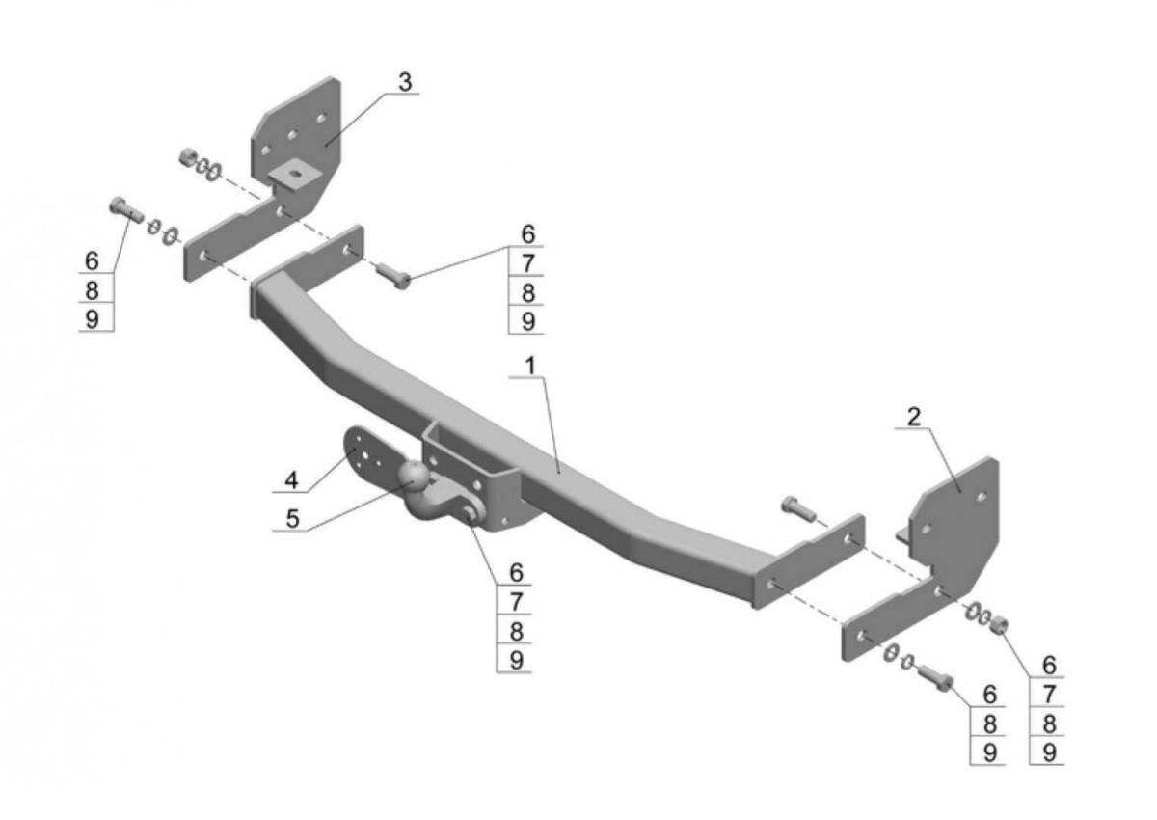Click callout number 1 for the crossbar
(x=530, y=366)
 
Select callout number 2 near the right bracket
(x=914, y=417)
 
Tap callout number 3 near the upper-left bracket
(x=405, y=82)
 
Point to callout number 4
(x=291, y=480)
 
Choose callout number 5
(x=292, y=518)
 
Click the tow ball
(x=415, y=476)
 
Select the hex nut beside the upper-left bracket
(x=187, y=156)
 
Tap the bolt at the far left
(x=126, y=209)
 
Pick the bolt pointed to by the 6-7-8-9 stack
(x=393, y=275)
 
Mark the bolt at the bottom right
(x=935, y=678)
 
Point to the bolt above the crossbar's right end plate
(x=798, y=507)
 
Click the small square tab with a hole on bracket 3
(x=294, y=175)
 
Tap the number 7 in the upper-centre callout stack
(x=527, y=263)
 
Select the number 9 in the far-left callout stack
(x=92, y=319)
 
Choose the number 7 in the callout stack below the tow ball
(x=516, y=602)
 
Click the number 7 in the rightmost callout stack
(x=1049, y=694)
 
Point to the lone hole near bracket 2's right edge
(x=982, y=497)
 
